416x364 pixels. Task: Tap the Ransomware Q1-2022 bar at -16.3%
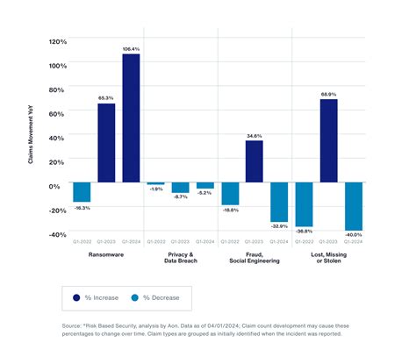[82, 192]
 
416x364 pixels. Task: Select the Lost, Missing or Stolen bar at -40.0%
[353, 206]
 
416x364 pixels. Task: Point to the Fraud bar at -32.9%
[278, 202]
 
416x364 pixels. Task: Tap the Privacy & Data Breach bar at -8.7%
[180, 188]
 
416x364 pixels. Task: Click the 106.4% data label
[130, 48]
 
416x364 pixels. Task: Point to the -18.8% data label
[230, 210]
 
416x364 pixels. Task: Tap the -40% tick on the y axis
[57, 234]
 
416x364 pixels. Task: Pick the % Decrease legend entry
[156, 298]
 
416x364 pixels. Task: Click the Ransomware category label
[106, 254]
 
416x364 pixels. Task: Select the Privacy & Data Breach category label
[180, 257]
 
